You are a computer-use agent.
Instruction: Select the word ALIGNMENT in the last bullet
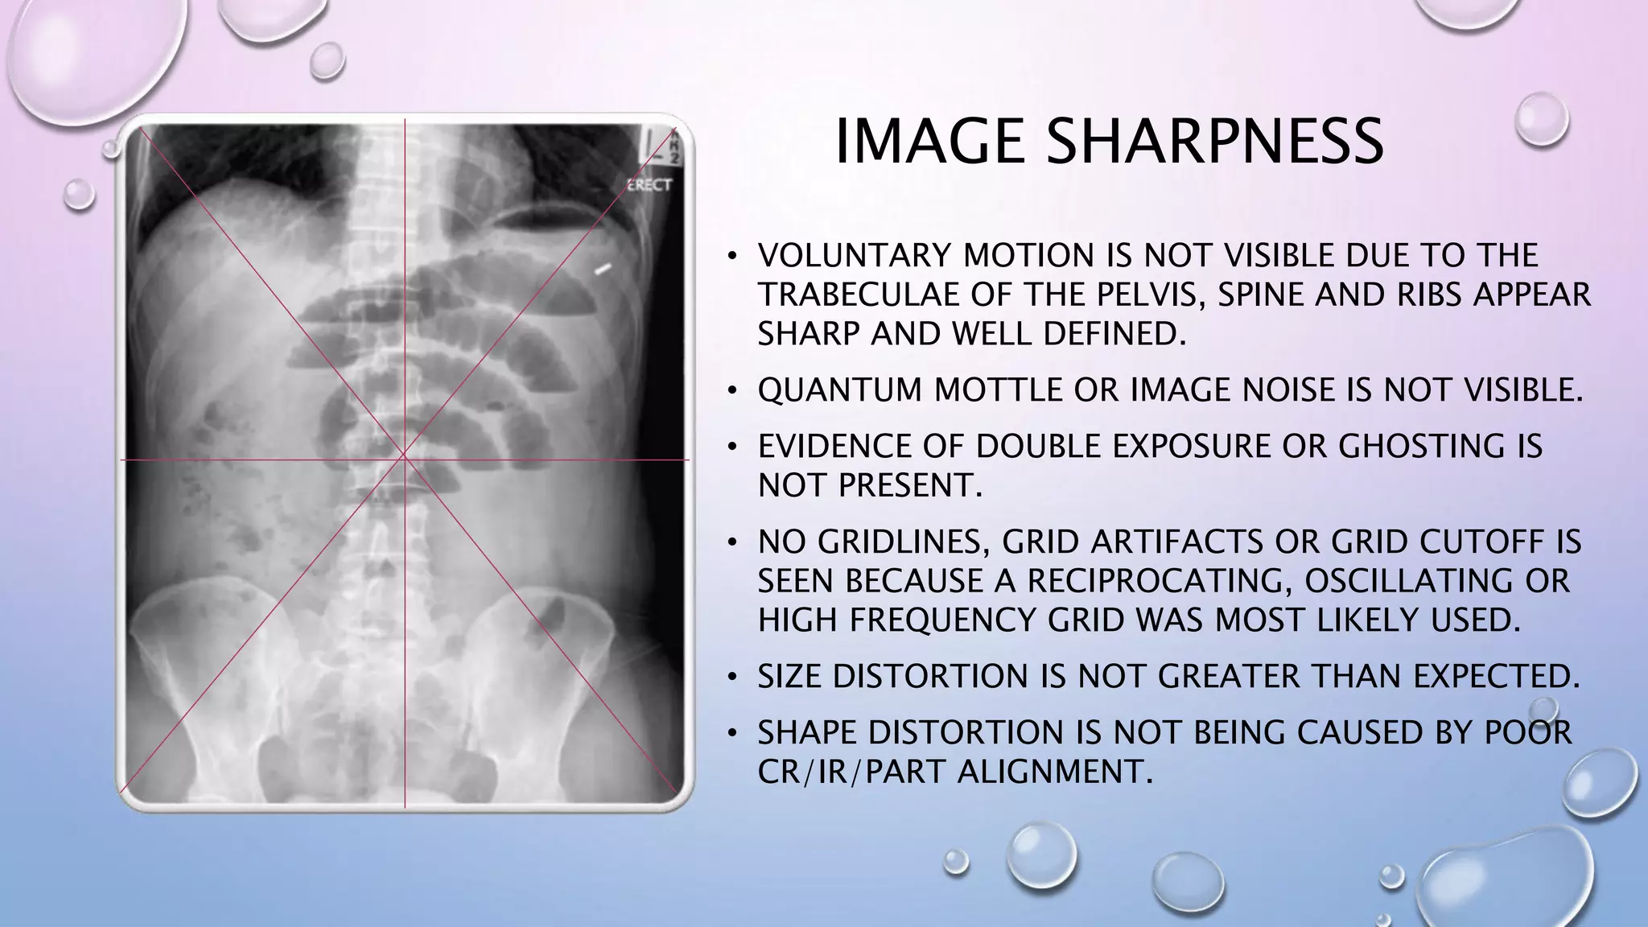tap(1050, 772)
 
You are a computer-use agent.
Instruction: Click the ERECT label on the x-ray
tap(649, 185)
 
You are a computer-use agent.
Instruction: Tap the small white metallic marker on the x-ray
tap(603, 267)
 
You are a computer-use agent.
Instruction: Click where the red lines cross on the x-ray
tap(404, 459)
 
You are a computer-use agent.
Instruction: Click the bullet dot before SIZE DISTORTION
tap(731, 678)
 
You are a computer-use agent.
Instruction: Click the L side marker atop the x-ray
tap(648, 145)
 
